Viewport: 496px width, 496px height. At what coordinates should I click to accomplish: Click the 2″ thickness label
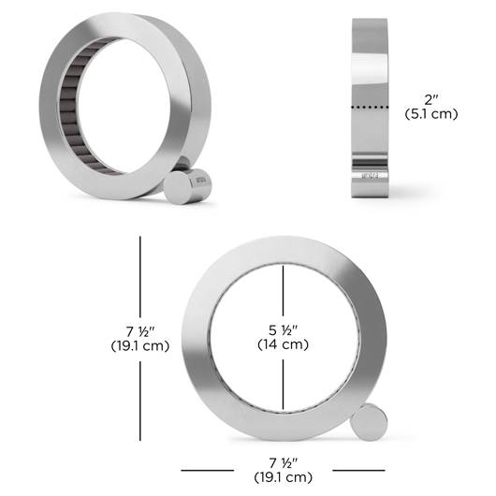click(x=431, y=100)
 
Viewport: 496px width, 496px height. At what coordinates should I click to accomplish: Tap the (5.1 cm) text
click(x=431, y=114)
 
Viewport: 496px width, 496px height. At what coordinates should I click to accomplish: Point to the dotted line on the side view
click(x=370, y=108)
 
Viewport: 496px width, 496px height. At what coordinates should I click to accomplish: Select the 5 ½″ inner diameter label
click(x=284, y=330)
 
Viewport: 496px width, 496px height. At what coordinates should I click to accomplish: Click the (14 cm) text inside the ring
click(x=284, y=344)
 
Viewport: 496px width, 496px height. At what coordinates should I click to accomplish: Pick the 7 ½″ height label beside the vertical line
click(x=140, y=332)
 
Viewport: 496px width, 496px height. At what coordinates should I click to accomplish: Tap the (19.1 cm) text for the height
click(x=140, y=345)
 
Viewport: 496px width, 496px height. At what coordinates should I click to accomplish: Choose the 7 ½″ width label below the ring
click(x=284, y=463)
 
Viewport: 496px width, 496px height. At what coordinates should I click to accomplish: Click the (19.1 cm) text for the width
click(x=284, y=477)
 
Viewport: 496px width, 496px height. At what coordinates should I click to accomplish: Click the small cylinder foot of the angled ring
click(x=187, y=186)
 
